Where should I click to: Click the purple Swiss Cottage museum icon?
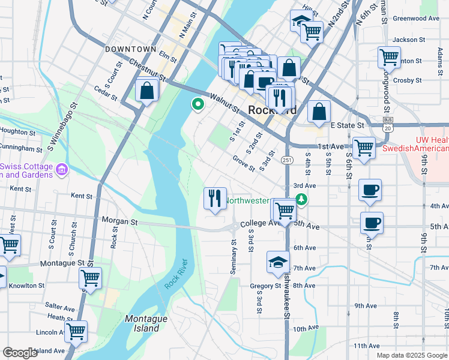61,171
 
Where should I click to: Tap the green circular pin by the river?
197,104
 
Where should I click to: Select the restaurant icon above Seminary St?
215,198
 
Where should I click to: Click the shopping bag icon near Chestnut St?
146,91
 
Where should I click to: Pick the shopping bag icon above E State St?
319,112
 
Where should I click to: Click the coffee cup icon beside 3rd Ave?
370,190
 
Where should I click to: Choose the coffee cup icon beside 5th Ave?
372,223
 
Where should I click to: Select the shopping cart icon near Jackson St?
389,58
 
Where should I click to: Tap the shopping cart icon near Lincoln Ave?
76,331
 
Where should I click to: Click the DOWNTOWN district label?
130,49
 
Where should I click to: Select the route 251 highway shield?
287,160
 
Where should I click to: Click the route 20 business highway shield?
388,124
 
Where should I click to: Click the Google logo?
20,353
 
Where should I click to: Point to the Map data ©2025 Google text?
411,355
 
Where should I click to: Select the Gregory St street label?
266,286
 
